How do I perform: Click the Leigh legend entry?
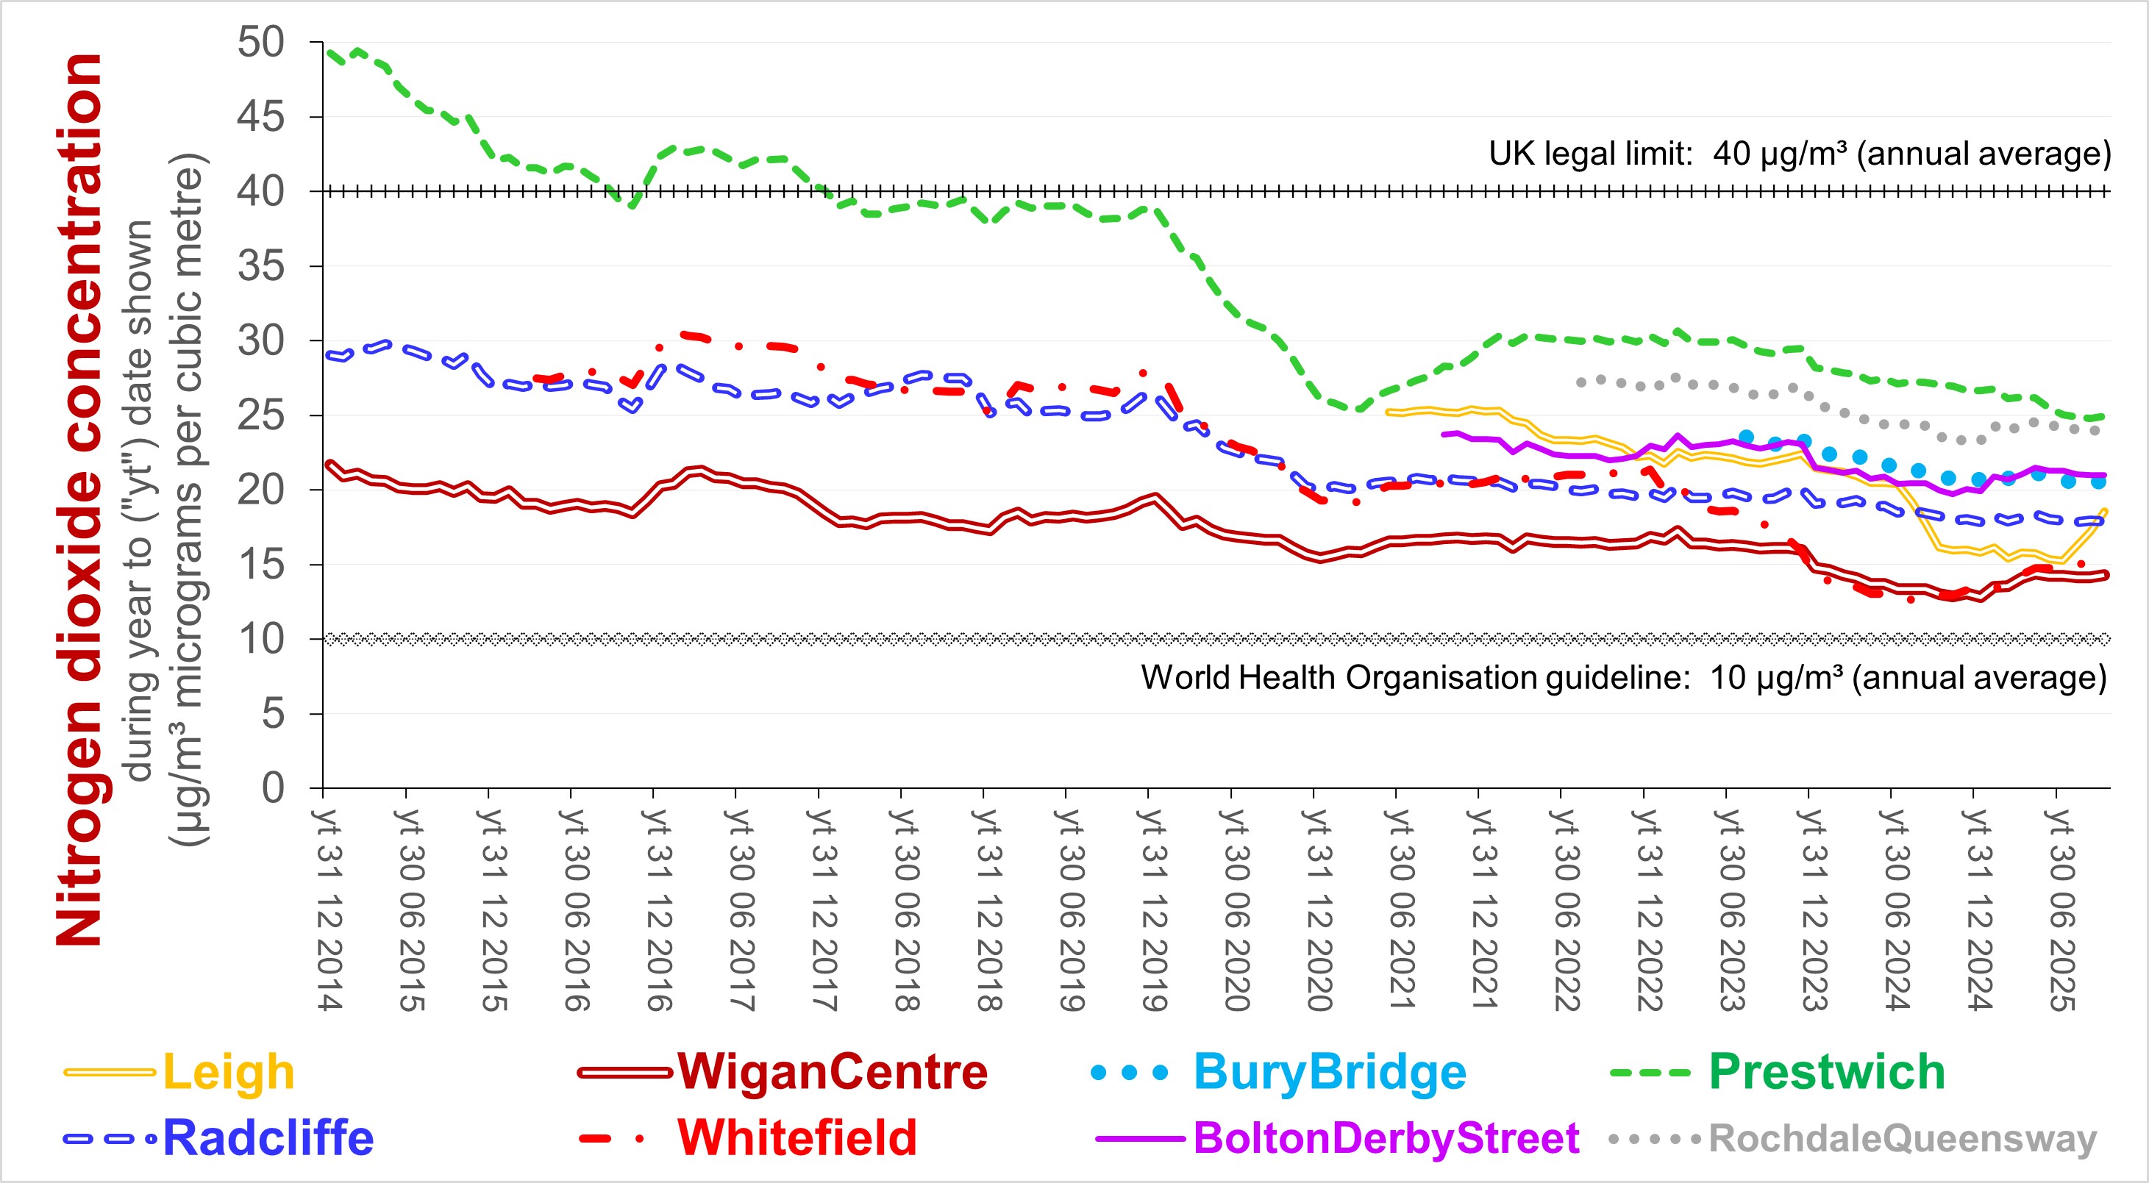click(228, 1072)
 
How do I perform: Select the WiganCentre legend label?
click(832, 1072)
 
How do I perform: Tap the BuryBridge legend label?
click(1330, 1072)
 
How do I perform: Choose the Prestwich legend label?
click(1826, 1072)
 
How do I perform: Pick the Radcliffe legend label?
click(268, 1138)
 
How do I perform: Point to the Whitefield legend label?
click(796, 1138)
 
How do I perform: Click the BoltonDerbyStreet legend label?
click(1386, 1138)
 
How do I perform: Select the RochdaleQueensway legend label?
click(1902, 1138)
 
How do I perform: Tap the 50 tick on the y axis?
click(261, 43)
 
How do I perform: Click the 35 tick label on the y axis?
click(261, 267)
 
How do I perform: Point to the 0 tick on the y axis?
click(273, 788)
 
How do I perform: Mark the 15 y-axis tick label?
click(261, 565)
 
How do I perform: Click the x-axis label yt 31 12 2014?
click(330, 909)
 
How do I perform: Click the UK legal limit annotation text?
click(1800, 154)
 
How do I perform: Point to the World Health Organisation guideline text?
click(1622, 677)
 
